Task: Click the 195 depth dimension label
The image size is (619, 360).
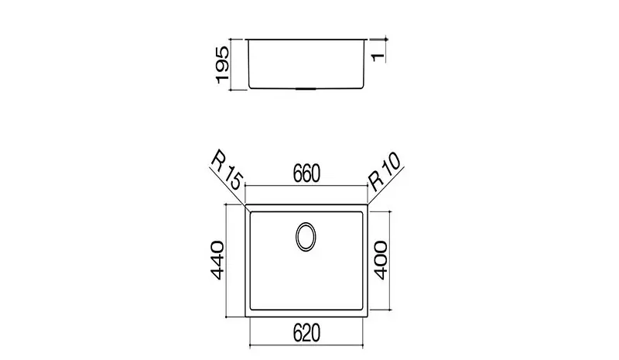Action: coord(223,65)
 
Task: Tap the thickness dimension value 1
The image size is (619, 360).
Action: coord(378,57)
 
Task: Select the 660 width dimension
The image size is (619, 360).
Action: coord(306,173)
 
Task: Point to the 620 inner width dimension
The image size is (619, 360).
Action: coord(306,333)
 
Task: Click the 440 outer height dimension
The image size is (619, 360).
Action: coord(217,260)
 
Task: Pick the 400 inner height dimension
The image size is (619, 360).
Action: coord(381,260)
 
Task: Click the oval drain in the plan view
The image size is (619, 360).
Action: coord(306,236)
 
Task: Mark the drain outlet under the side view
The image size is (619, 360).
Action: coord(306,89)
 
